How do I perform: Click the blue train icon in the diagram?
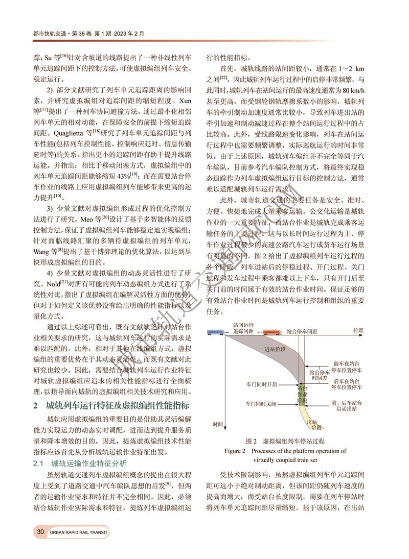coord(214,332)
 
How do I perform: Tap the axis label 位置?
coord(358,330)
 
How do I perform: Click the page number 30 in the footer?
coord(40,532)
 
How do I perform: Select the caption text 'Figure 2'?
coord(236,451)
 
